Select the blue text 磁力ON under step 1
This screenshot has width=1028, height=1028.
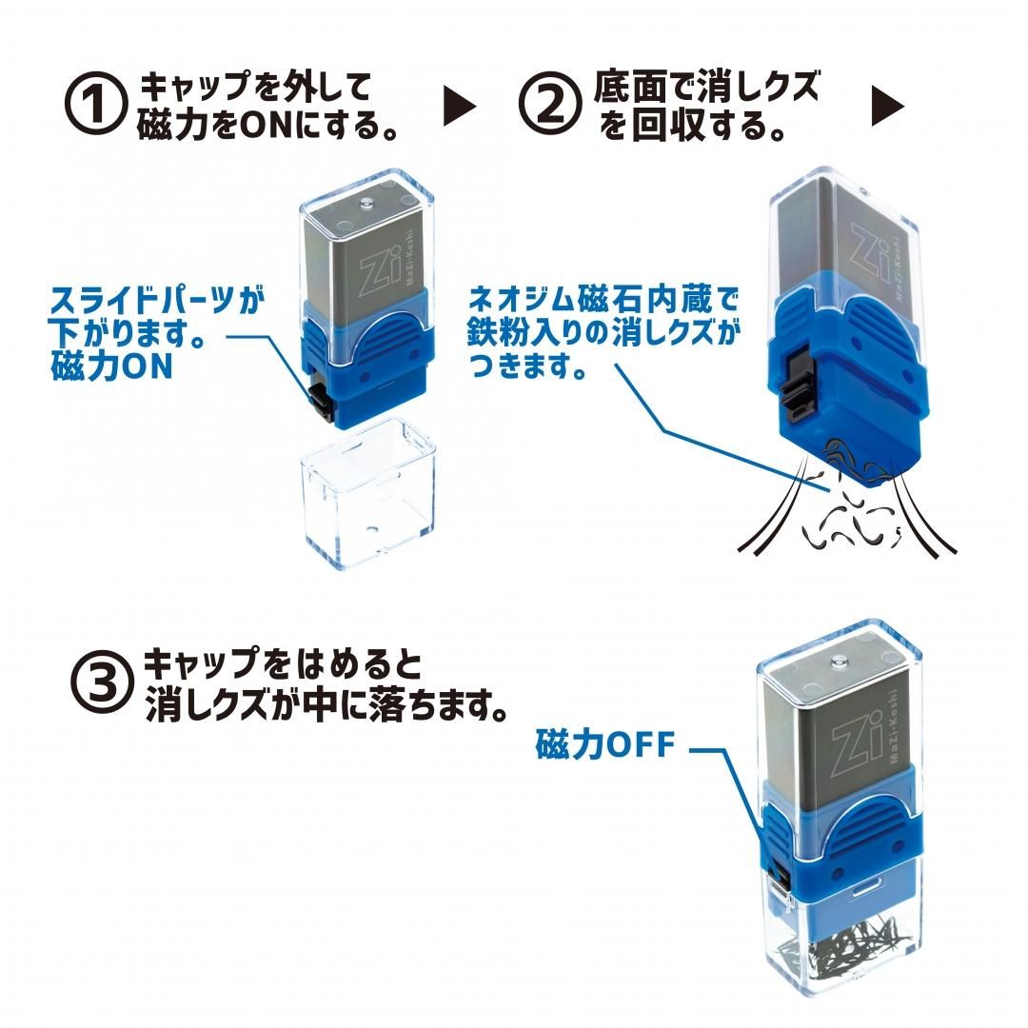111,367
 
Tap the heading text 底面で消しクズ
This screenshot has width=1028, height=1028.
705,89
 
